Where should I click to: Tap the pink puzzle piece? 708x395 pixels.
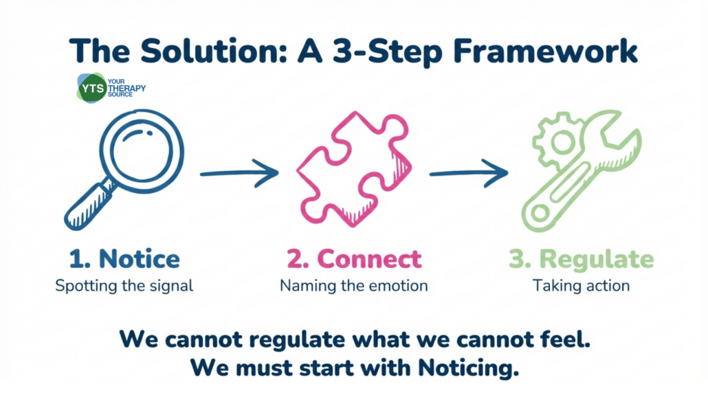354,169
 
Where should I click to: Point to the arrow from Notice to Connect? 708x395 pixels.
238,173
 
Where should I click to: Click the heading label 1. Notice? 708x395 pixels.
124,258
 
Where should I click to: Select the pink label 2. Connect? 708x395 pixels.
353,258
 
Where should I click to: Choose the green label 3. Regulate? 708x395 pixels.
581,258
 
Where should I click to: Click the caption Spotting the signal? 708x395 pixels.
124,285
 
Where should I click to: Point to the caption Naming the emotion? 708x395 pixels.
353,285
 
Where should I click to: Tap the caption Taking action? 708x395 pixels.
581,285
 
